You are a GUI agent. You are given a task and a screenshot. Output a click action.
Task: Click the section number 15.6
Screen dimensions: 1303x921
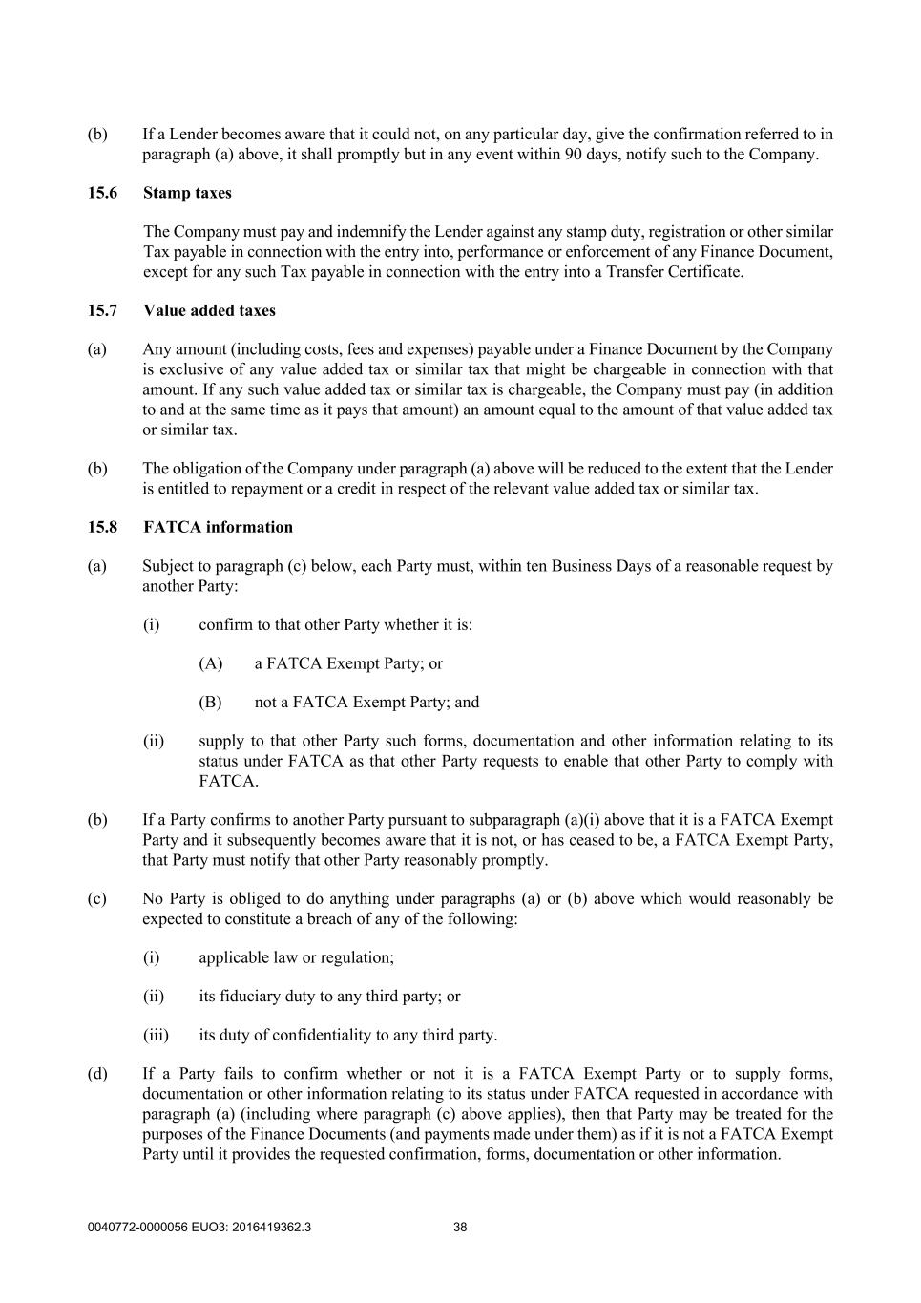click(102, 193)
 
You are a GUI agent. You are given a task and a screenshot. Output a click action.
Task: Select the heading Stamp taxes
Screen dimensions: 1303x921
click(187, 193)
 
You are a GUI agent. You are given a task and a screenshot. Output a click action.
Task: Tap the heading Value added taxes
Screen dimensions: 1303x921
click(209, 310)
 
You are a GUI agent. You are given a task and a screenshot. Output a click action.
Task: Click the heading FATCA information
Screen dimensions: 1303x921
click(218, 527)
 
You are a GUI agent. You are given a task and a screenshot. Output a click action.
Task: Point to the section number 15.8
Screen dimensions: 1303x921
click(102, 527)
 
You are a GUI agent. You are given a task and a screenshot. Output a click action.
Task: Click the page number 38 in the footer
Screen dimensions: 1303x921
click(460, 1228)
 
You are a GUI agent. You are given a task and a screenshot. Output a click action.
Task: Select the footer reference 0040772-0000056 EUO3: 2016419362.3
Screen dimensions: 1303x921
click(199, 1228)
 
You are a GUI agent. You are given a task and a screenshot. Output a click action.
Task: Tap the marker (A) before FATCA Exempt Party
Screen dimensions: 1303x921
click(210, 663)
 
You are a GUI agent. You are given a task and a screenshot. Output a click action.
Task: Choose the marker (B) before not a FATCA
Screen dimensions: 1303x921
click(210, 703)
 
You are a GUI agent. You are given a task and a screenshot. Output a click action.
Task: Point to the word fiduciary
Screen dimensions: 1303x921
click(253, 997)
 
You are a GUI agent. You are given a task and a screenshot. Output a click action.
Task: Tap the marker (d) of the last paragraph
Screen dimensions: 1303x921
click(97, 1074)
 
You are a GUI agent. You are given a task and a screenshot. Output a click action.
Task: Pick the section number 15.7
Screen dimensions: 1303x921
click(102, 310)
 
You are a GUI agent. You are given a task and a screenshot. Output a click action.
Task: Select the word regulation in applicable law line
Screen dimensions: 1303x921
click(356, 957)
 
